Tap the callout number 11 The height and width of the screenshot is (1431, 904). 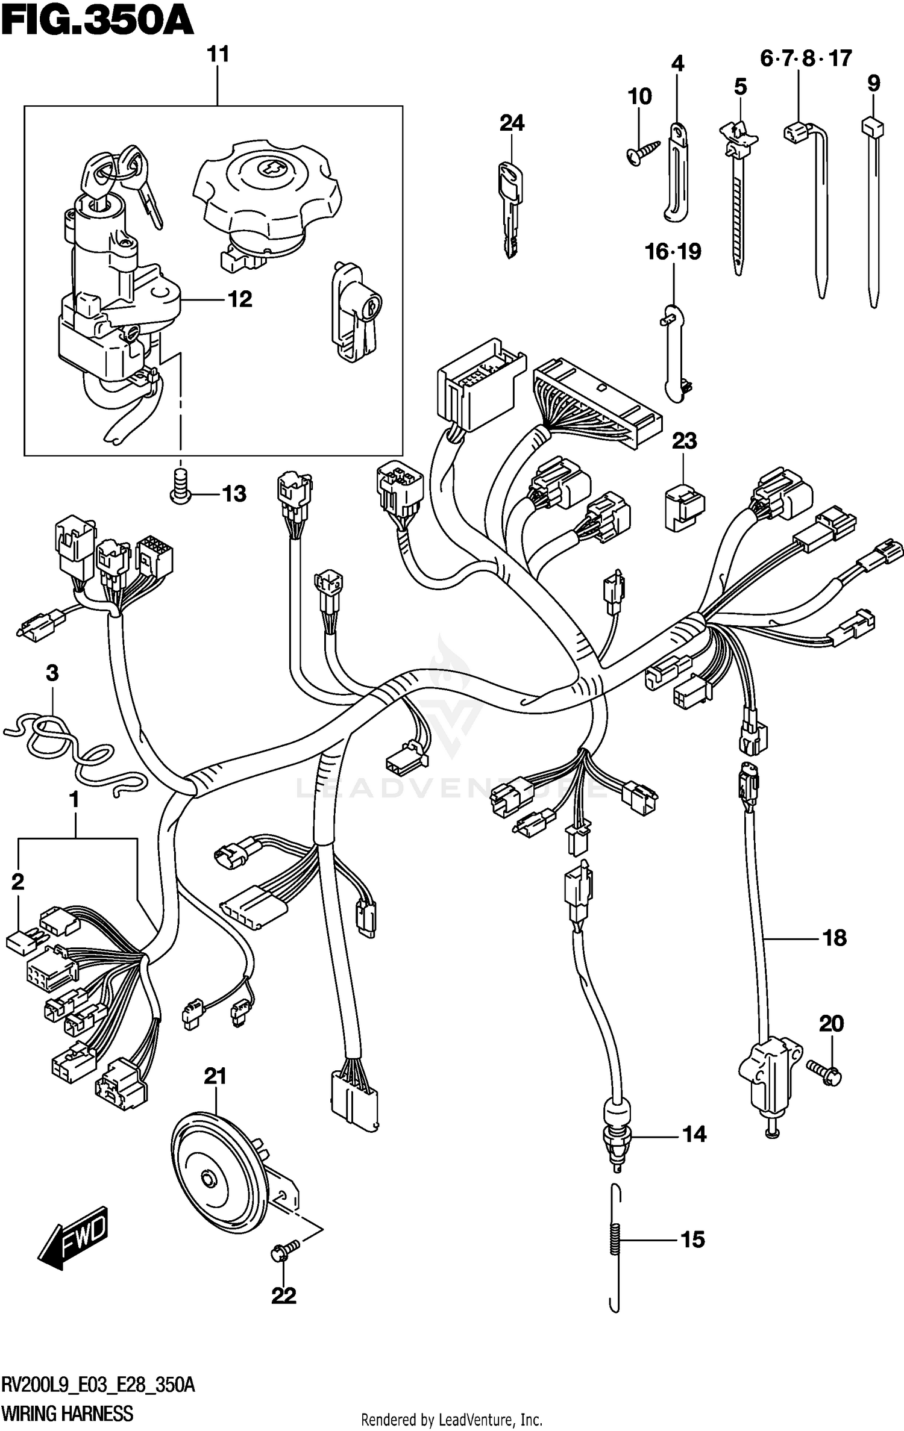pos(218,55)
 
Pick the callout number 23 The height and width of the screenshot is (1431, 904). pos(684,441)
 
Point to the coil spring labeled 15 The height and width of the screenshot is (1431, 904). pos(614,1241)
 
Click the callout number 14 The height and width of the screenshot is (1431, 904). pos(694,1135)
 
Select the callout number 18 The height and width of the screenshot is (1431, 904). pos(834,938)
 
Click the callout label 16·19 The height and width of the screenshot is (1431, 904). pos(673,252)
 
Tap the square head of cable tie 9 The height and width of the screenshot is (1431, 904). pos(872,127)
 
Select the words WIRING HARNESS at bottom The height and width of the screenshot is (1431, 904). pos(67,1413)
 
